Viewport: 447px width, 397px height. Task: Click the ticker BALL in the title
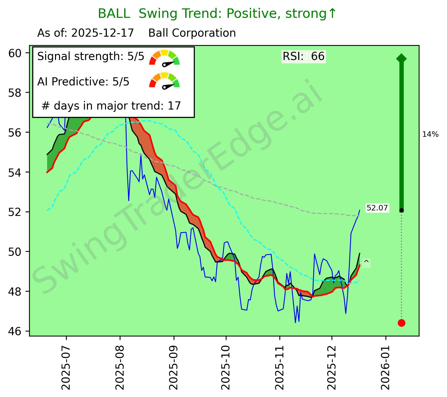[x=114, y=14]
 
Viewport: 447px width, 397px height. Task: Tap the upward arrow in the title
[x=332, y=14]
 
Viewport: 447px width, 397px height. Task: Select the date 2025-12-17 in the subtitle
[x=102, y=33]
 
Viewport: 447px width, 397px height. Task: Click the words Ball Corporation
[x=192, y=33]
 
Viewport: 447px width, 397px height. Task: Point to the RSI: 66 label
[x=303, y=56]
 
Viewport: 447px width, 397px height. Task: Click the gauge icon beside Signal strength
[x=164, y=58]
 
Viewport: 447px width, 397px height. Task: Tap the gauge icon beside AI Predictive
[x=164, y=80]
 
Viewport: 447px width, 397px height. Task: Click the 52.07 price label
[x=377, y=208]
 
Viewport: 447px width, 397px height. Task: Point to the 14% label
[x=430, y=134]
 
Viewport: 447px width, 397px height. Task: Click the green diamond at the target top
[x=401, y=58]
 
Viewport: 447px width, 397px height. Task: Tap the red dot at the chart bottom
[x=401, y=323]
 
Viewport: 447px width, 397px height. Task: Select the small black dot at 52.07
[x=401, y=210]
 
